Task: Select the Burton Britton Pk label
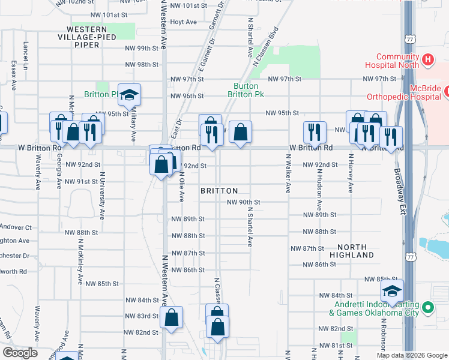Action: click(246, 90)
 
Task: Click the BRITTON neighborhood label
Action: click(219, 190)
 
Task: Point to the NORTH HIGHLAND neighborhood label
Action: click(355, 251)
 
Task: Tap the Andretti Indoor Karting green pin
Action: click(427, 308)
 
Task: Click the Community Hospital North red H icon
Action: click(427, 59)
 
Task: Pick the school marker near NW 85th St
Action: click(391, 291)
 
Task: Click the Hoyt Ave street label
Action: click(184, 22)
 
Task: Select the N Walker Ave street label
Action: click(288, 173)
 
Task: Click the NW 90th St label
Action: click(243, 202)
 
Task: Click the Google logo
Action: click(20, 353)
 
